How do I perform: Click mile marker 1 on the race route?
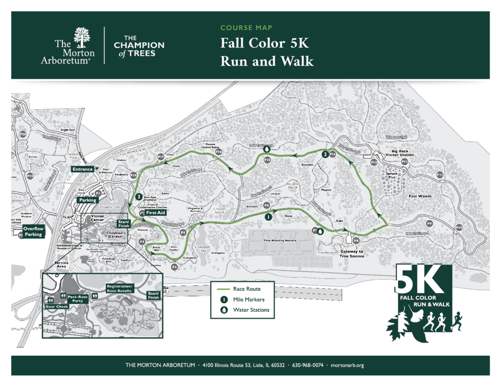pyautogui.click(x=267, y=217)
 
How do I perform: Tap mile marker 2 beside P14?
pyautogui.click(x=325, y=154)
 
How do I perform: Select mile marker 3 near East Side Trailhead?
pyautogui.click(x=139, y=196)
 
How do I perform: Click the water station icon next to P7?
pyautogui.click(x=320, y=232)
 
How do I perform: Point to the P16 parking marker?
pyautogui.click(x=219, y=152)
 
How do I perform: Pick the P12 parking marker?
pyautogui.click(x=404, y=161)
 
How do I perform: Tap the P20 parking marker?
pyautogui.click(x=23, y=134)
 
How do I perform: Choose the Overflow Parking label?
pyautogui.click(x=34, y=231)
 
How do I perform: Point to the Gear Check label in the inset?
pyautogui.click(x=56, y=306)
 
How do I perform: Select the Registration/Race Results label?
pyautogui.click(x=120, y=288)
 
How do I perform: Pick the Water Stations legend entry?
pyautogui.click(x=251, y=310)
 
